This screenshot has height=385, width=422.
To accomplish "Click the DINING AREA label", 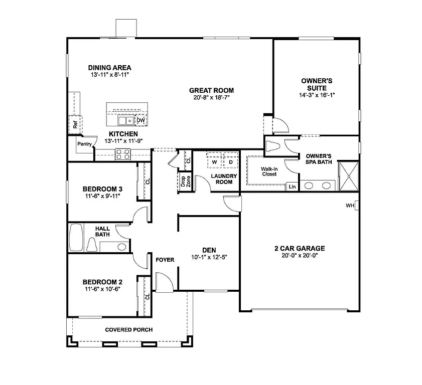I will pos(109,68).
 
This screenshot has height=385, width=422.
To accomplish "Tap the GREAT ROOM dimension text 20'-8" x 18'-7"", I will pos(211,98).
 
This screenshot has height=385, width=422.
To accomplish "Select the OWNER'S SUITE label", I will pos(317,84).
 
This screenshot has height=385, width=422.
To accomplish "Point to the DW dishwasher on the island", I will pos(141,120).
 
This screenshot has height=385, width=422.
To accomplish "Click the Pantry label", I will pos(84,144).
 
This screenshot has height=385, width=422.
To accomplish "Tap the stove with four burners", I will pos(122,154).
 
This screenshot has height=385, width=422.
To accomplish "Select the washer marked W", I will pos(214,162).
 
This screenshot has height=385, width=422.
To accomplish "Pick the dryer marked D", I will pos(230,162).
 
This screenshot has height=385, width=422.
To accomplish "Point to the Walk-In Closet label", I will pos(269,171).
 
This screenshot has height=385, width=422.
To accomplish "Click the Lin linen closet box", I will pos(292,186).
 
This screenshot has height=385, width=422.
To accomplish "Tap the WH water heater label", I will pos(350,206).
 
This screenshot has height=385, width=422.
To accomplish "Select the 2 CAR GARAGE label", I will pos(300,248).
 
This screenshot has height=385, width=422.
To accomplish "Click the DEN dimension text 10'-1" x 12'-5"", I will pos(209,257).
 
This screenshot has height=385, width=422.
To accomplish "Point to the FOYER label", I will pos(165,260).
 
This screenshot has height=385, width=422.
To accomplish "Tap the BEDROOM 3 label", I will pos(103,189).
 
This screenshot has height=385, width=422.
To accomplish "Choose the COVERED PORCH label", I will pos(129,329).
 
